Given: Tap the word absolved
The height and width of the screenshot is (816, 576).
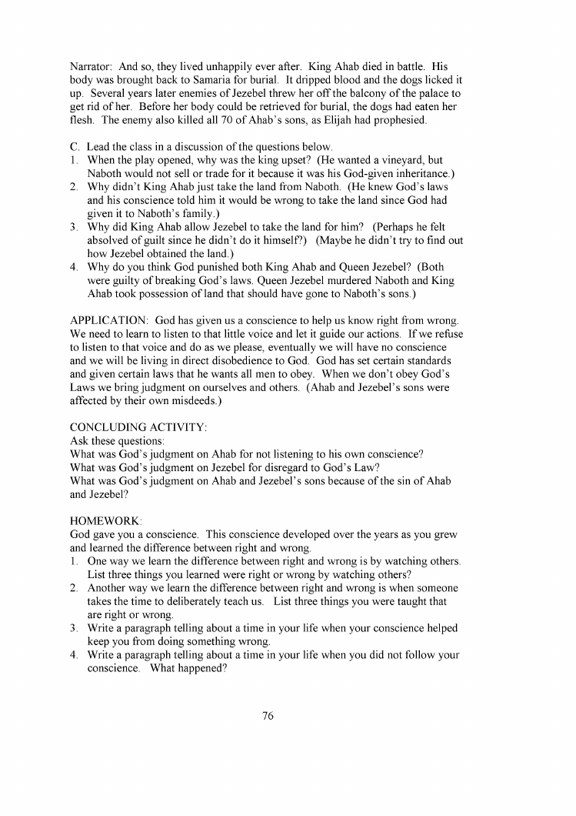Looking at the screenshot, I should pyautogui.click(x=112, y=241).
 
